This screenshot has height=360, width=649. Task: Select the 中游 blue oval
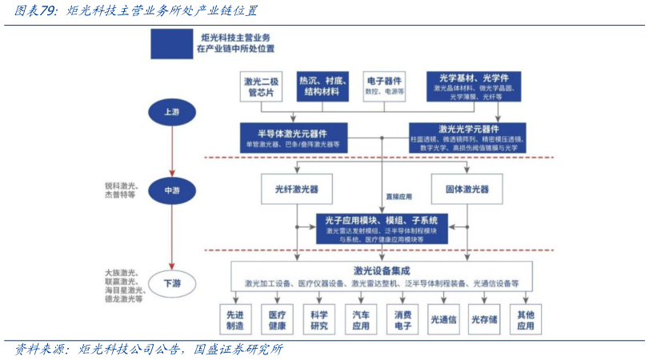point(171,190)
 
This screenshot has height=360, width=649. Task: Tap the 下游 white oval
point(171,282)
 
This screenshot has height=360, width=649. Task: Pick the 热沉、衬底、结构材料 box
point(323,86)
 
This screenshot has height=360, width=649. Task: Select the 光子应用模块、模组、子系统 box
point(382,228)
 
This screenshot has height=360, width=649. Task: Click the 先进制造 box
point(235,320)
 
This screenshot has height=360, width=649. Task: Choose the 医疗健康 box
point(277,320)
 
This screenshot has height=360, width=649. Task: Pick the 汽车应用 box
point(361,320)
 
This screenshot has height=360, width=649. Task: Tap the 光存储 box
point(484,320)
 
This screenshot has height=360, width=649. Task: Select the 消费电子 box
point(403,320)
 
